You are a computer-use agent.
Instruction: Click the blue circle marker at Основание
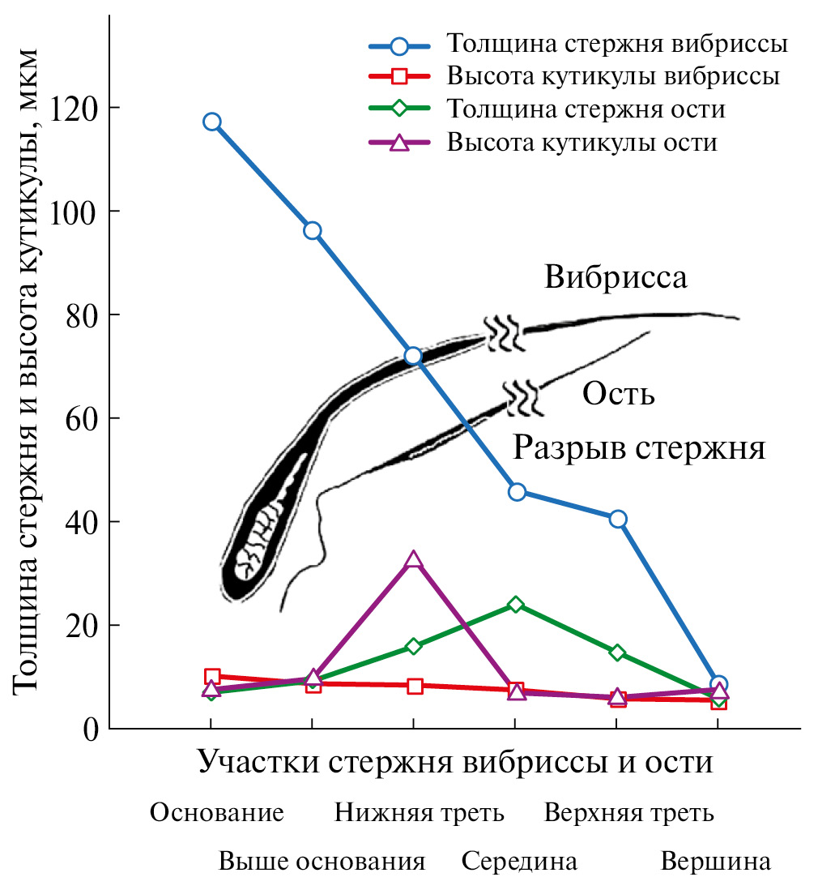pos(212,122)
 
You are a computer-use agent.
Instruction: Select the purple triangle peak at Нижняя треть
pos(413,560)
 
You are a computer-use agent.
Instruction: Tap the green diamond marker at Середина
pos(516,605)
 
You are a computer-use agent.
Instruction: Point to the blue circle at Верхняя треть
pos(618,519)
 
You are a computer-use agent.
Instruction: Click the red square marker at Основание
pos(212,676)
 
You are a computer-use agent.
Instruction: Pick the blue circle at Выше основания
pos(312,231)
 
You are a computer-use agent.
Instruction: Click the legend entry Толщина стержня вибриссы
pos(616,43)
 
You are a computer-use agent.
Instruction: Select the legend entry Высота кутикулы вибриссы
pos(612,77)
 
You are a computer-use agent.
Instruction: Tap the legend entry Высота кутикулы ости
pos(582,143)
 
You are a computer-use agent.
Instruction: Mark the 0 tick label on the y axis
pos(91,729)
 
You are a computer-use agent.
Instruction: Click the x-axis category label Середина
pos(519,861)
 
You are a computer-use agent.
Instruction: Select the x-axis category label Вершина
pos(715,861)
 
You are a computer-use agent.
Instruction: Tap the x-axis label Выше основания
pos(322,861)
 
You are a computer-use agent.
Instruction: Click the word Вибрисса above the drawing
pos(616,278)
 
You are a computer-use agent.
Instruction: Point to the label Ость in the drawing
pos(619,396)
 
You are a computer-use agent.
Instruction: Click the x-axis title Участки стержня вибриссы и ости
pos(454,763)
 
